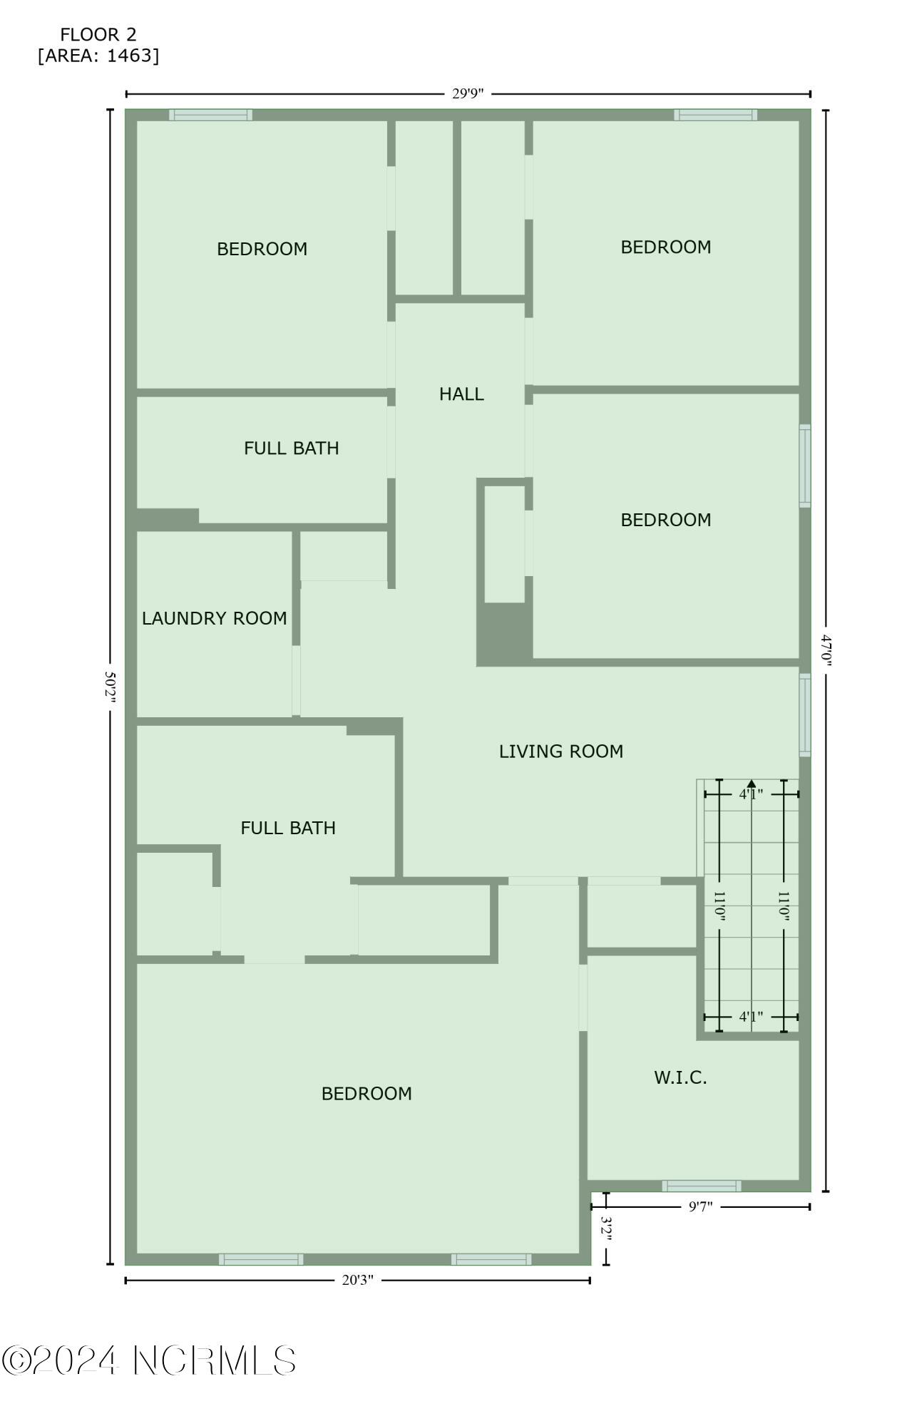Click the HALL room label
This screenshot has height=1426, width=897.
click(461, 394)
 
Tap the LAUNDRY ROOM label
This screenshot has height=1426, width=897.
click(214, 618)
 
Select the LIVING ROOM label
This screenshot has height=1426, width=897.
click(560, 751)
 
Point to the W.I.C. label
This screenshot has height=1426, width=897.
click(680, 1077)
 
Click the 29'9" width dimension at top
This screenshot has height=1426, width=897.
click(468, 93)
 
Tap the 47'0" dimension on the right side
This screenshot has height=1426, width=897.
click(826, 650)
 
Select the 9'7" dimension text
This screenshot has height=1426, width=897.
click(700, 1206)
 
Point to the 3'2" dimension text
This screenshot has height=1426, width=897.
click(606, 1229)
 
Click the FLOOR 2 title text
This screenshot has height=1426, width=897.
click(98, 34)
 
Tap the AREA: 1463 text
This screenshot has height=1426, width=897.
click(98, 56)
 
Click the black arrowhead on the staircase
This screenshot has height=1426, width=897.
click(751, 784)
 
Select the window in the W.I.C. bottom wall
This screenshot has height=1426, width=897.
click(702, 1186)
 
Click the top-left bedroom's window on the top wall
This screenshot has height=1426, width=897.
click(210, 115)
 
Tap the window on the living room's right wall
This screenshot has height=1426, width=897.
click(804, 714)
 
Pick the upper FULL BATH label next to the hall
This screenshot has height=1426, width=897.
click(291, 448)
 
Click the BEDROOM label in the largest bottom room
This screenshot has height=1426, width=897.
click(367, 1094)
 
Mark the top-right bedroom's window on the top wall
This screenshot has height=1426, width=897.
click(715, 115)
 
